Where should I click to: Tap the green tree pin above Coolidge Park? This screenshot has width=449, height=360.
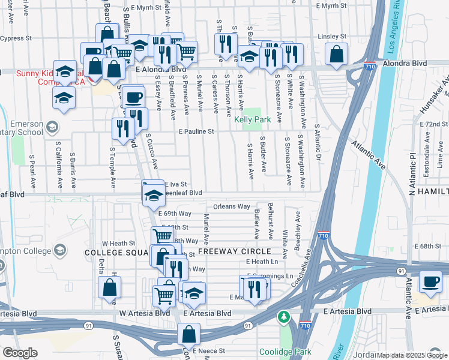tap(283, 316)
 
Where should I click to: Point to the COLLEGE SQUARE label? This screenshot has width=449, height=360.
tap(115, 253)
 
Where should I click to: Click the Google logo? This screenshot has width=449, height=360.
tap(20, 352)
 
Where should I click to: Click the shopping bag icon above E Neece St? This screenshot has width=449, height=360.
tap(188, 334)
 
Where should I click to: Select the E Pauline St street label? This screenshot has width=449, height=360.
tap(196, 131)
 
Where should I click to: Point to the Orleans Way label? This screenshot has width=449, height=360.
tap(231, 206)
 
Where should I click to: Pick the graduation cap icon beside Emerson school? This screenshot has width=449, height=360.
tap(52, 127)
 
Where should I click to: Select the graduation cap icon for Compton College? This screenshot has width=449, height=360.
tap(59, 250)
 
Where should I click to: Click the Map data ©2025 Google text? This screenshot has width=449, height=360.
tap(412, 355)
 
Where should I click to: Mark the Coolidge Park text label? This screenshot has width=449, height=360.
tap(279, 351)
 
